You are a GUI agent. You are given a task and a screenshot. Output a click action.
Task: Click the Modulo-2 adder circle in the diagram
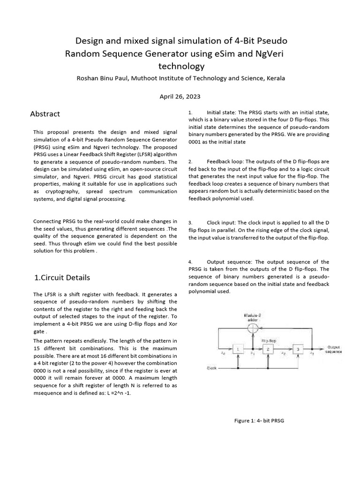pyautogui.click(x=253, y=326)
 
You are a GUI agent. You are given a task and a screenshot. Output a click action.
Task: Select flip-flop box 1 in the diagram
pyautogui.click(x=238, y=349)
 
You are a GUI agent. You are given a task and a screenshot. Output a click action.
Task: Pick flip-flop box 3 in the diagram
pyautogui.click(x=297, y=349)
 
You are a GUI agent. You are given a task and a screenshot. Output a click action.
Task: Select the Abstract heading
pyautogui.click(x=45, y=114)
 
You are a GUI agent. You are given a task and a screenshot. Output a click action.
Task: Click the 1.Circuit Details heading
pyautogui.click(x=62, y=277)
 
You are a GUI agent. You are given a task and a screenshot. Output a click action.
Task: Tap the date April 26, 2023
pyautogui.click(x=180, y=97)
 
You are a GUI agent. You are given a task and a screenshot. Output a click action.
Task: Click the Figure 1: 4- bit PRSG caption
pyautogui.click(x=259, y=420)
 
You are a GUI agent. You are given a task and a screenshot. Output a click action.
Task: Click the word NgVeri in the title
pyautogui.click(x=264, y=53)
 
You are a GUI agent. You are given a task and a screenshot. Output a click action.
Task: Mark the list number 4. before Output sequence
pyautogui.click(x=190, y=262)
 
